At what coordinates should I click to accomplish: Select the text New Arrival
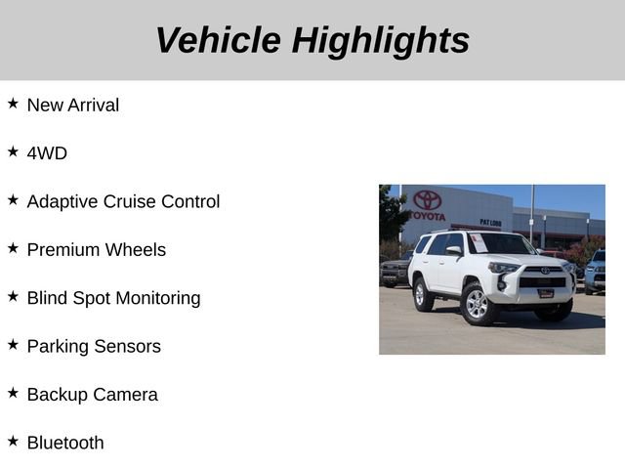pyautogui.click(x=73, y=105)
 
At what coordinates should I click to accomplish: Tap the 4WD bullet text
pyautogui.click(x=47, y=153)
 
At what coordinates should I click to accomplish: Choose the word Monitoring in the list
pyautogui.click(x=158, y=298)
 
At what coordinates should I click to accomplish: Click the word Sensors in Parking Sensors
pyautogui.click(x=127, y=346)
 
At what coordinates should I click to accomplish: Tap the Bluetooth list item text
pyautogui.click(x=65, y=443)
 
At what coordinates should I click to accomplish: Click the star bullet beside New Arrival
pyautogui.click(x=13, y=103)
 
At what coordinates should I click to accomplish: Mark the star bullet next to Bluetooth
pyautogui.click(x=13, y=441)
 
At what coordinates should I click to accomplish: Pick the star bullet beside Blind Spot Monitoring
pyautogui.click(x=13, y=296)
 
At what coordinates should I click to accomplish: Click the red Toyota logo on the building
pyautogui.click(x=427, y=199)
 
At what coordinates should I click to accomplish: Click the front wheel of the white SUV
pyautogui.click(x=477, y=306)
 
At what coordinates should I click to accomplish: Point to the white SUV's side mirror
pyautogui.click(x=454, y=251)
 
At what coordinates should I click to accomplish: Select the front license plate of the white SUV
pyautogui.click(x=546, y=293)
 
